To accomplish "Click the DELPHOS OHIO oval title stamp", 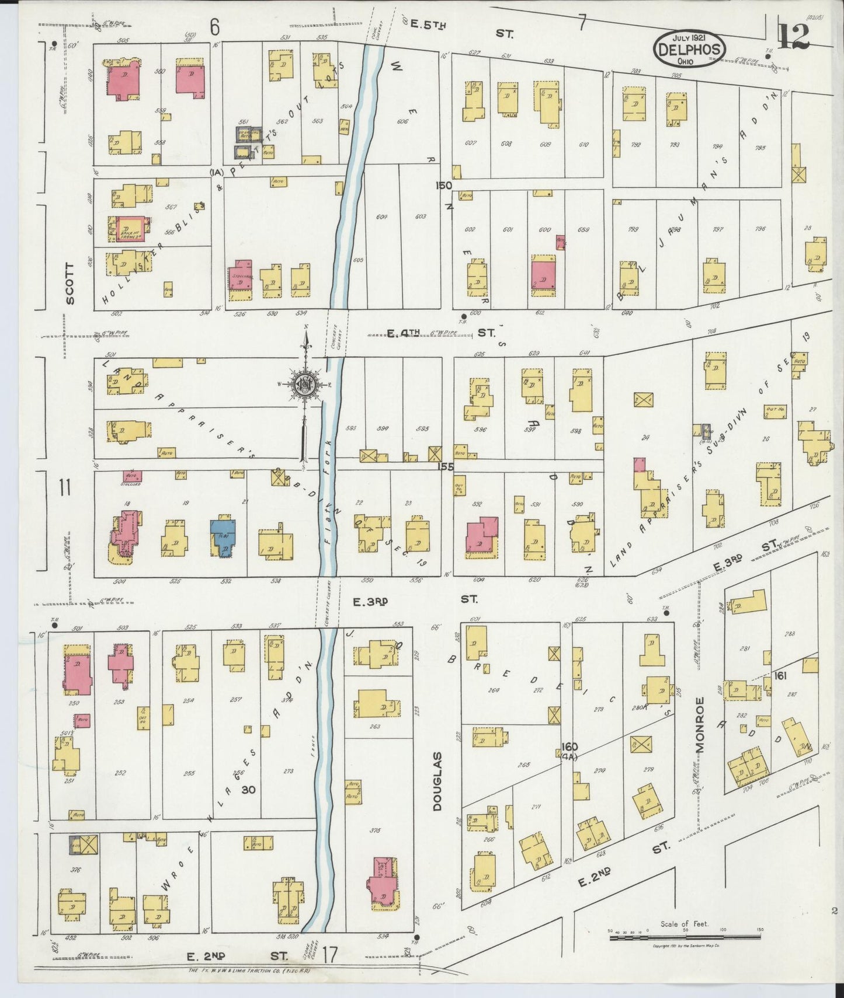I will pos(689,48).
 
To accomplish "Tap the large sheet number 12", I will pos(794,36).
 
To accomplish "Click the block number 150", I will pos(443,186).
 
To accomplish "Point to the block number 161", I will pos(779,675).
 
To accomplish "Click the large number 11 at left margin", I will pos(64,487).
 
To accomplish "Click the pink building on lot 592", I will pos(481,535).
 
